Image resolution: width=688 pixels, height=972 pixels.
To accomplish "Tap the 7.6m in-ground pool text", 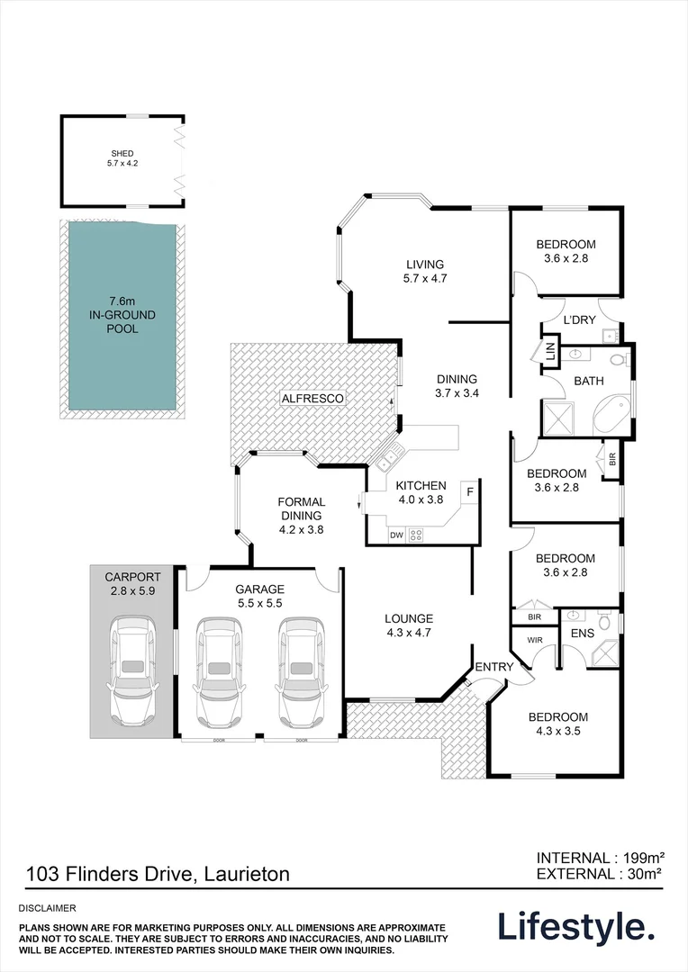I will [x=122, y=314].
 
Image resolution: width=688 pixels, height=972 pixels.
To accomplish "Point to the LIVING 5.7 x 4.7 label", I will [x=425, y=271].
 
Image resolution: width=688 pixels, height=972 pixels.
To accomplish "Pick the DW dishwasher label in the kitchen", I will [x=396, y=535].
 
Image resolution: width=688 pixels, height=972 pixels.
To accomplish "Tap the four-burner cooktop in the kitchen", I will [x=416, y=535].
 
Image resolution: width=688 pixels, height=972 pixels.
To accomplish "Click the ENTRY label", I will [x=493, y=667].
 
